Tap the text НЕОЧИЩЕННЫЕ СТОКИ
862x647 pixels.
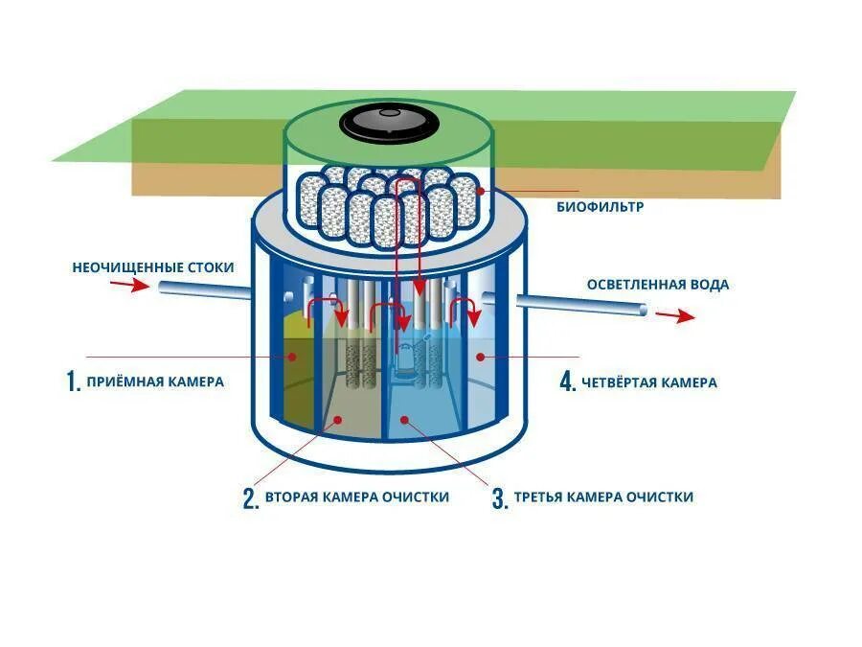coord(152,266)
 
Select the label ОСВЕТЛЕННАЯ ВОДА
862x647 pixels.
coord(657,285)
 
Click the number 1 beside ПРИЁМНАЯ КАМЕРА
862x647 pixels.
coord(71,381)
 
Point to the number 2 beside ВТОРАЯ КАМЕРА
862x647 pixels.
coord(250,498)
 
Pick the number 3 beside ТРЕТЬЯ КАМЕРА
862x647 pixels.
coord(499,498)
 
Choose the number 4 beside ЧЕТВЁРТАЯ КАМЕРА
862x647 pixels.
coord(567,381)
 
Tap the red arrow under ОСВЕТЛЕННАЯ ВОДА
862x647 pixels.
coord(682,315)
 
